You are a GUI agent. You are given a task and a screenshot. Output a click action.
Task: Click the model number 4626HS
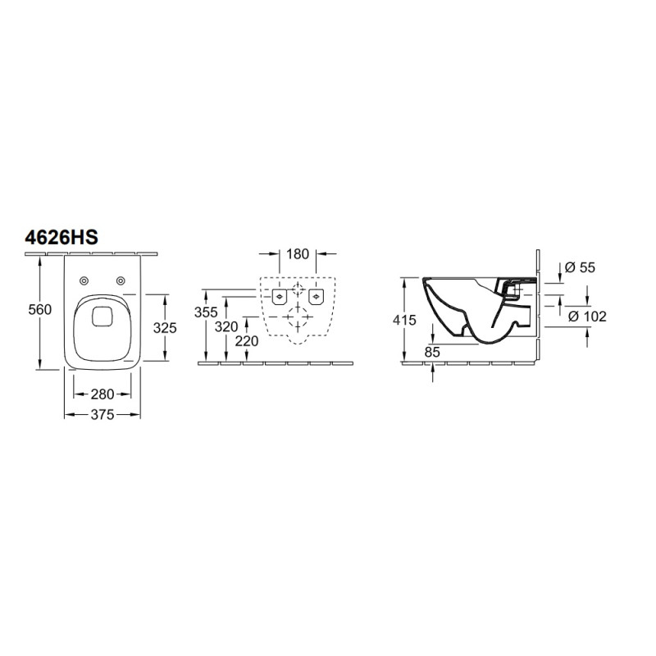(61, 238)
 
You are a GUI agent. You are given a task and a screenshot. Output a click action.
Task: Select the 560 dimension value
(39, 310)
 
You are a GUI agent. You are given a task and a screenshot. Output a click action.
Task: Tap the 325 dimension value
(165, 328)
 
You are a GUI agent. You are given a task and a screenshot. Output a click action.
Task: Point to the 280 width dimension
(102, 394)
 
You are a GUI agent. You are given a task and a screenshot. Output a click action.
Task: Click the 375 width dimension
(102, 415)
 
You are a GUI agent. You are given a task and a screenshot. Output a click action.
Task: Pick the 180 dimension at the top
(298, 254)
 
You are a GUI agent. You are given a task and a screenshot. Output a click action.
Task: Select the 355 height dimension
(206, 312)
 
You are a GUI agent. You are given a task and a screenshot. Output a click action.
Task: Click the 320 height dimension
(226, 326)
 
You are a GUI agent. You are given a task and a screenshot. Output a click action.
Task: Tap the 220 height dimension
(247, 341)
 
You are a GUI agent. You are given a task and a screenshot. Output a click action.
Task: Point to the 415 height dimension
(404, 320)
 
